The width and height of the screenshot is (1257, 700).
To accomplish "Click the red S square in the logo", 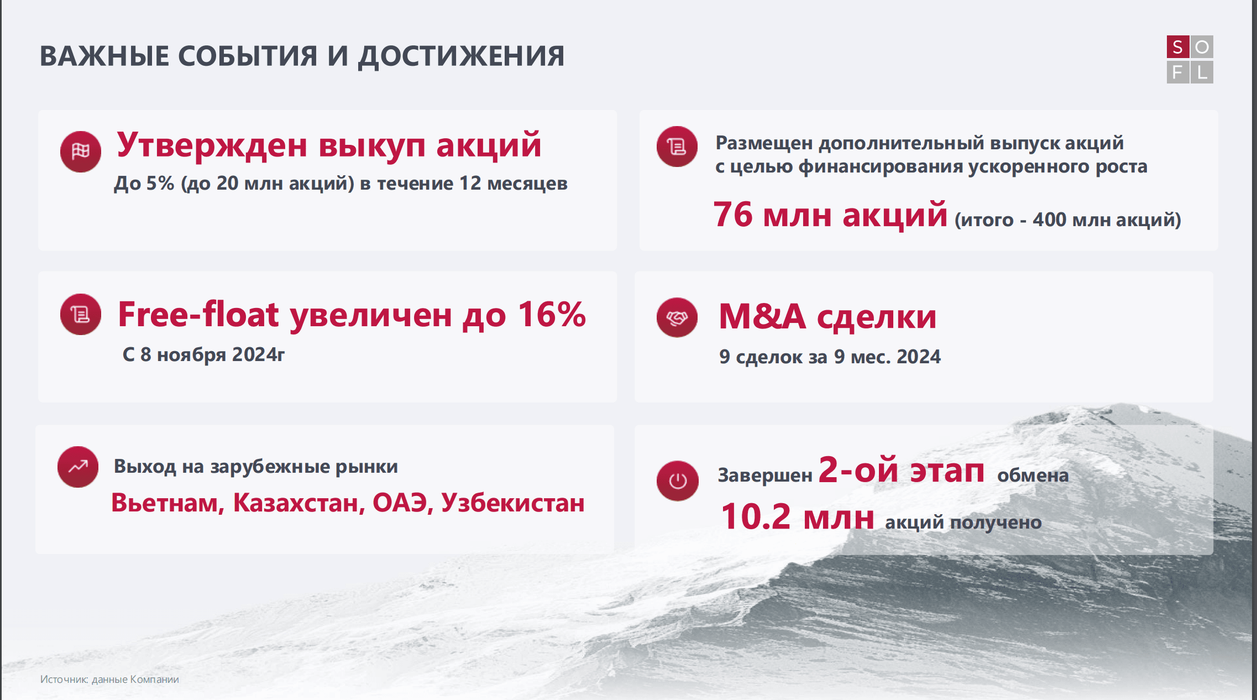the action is coord(1178,47).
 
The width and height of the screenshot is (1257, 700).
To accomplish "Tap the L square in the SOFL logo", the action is coord(1202,72).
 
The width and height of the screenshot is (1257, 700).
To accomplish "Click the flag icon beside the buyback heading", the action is coord(81,152).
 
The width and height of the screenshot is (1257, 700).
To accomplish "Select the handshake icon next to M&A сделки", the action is coord(677,317).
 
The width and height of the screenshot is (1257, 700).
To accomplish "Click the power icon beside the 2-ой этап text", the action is coord(678,480).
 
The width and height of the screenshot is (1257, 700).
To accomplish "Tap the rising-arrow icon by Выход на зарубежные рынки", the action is coord(78,467).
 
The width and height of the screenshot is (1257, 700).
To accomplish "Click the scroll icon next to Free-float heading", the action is coord(81,314).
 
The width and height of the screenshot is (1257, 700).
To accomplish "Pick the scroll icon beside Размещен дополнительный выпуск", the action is coord(677,147).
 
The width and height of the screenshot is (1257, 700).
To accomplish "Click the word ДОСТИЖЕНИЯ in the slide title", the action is coord(462,56).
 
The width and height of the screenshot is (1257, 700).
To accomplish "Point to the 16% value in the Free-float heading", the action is coord(552,314).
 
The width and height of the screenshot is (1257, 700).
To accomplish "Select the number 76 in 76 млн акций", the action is coord(733,215).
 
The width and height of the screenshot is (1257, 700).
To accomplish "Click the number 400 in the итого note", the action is coord(1049,220).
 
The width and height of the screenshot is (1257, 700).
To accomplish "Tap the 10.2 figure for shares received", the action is coord(756,516).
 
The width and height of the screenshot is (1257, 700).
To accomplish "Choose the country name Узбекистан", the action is coord(513,503).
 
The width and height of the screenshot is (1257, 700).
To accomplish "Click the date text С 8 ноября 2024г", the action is coord(203,354).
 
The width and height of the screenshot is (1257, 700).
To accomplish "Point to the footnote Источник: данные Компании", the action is coord(109,679).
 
